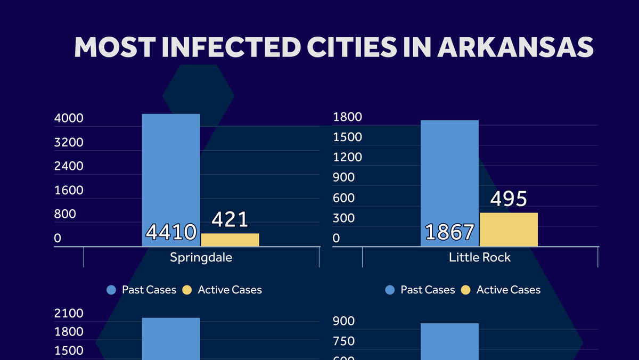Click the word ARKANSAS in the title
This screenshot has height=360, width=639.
515,47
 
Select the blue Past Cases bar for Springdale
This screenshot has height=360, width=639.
171,170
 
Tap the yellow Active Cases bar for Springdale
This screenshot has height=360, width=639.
230,240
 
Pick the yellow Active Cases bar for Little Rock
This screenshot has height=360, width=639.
509,230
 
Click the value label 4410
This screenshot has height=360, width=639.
171,233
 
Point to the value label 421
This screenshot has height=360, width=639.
230,219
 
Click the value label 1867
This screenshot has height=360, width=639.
449,233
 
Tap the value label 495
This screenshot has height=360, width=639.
509,199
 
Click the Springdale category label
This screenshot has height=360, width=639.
201,258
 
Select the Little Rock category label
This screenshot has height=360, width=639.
480,258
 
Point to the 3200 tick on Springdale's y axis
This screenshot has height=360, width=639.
69,142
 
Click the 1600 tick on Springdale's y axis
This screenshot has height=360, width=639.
69,191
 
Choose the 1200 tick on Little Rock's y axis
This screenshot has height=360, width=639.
347,157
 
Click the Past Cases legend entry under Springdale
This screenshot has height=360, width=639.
141,290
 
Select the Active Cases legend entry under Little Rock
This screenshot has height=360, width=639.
501,290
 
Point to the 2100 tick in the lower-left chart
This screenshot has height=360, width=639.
69,313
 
